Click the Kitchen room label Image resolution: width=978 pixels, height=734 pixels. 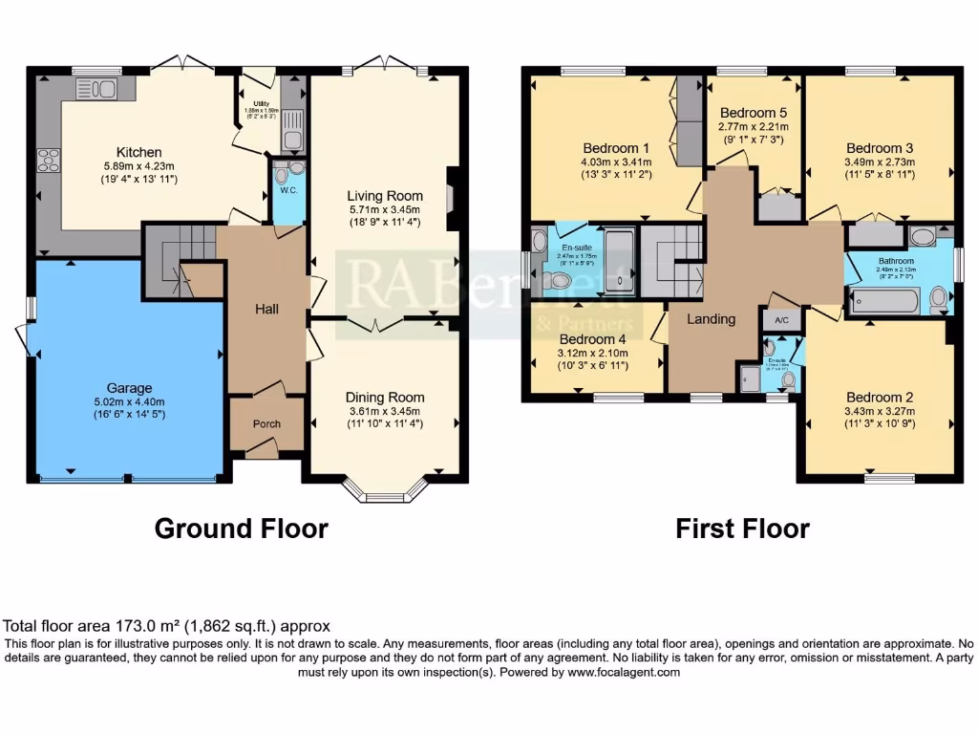pos(138,152)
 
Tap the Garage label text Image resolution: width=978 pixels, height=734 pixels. pos(129,388)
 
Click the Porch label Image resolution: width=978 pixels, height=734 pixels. pos(266,424)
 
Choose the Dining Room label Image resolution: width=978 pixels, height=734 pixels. pos(384,398)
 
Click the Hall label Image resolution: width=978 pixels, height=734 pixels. pos(266,310)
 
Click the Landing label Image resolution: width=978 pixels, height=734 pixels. pos(712,319)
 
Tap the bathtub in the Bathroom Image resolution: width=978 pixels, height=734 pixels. pos(882,303)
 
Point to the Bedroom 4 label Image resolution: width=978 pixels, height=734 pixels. pos(592,339)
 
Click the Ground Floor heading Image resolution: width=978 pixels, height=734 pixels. pos(241,529)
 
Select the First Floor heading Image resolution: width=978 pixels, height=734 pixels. pos(742,529)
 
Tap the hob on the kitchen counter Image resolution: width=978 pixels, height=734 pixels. pos(49,161)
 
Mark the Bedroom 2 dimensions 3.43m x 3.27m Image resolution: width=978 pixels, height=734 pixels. pos(880,412)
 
